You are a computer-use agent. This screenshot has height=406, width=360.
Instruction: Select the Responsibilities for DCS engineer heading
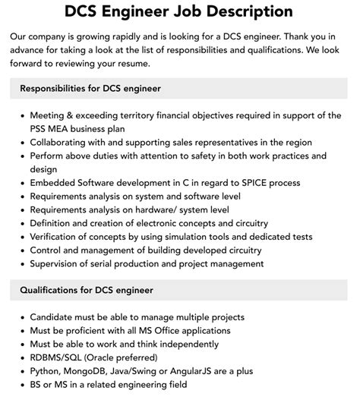tap(90, 89)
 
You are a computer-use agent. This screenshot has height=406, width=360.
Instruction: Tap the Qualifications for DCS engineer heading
tap(87, 290)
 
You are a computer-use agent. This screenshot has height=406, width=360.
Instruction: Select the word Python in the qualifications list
tap(46, 371)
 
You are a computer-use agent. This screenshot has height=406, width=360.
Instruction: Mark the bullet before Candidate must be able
tap(21, 317)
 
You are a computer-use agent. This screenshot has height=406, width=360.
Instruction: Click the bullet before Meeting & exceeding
tap(21, 115)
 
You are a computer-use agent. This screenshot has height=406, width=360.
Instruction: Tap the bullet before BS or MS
tap(21, 385)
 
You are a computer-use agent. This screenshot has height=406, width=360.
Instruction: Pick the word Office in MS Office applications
tap(188, 331)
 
